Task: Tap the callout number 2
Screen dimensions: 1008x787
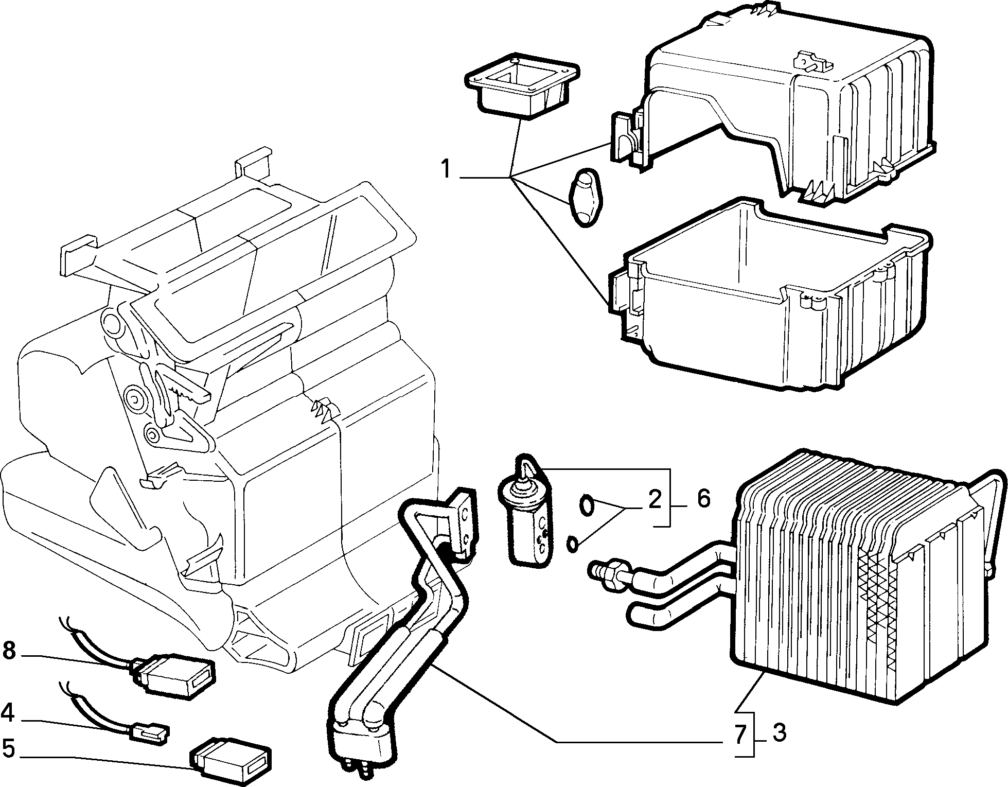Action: (x=654, y=499)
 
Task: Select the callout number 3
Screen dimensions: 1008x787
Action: (x=779, y=732)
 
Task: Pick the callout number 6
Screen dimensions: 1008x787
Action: (x=703, y=499)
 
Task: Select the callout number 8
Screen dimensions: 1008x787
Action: (x=9, y=651)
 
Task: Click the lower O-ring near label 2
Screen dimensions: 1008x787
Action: (x=572, y=544)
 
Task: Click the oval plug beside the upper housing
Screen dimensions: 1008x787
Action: (x=586, y=197)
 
